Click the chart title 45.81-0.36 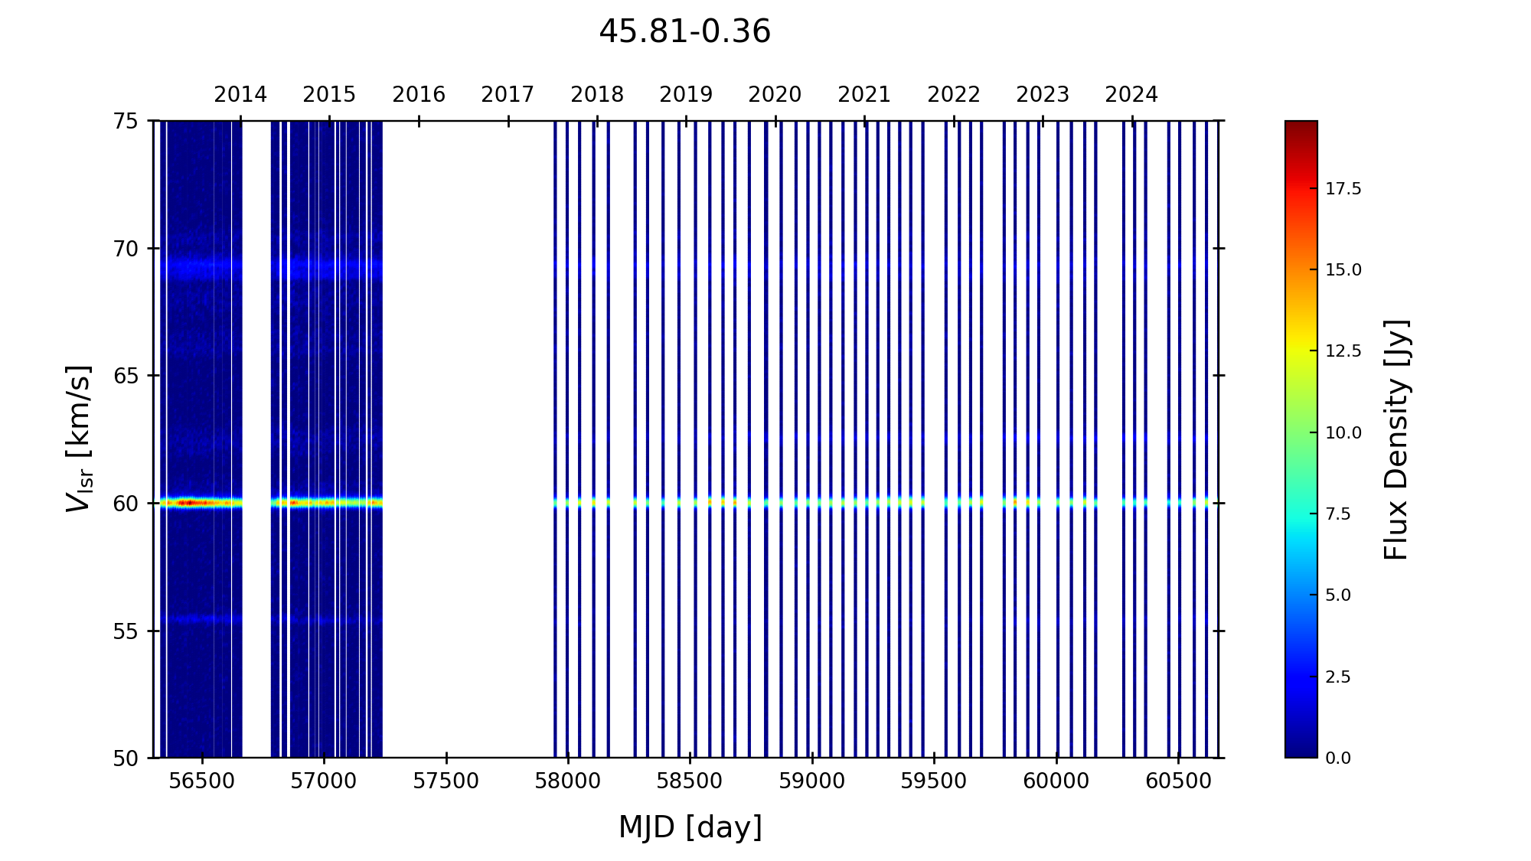click(684, 32)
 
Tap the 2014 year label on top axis click(240, 95)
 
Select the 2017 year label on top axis click(508, 95)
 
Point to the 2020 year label click(775, 95)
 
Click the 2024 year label click(1131, 95)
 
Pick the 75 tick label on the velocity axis click(126, 121)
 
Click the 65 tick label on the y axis click(126, 376)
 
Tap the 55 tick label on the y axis click(126, 631)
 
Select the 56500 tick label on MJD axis click(202, 781)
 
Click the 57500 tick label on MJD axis click(446, 781)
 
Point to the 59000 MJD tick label click(812, 781)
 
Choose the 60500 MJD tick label click(1178, 781)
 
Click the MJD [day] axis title click(690, 827)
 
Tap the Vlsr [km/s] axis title click(79, 439)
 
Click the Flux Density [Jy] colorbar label click(1396, 439)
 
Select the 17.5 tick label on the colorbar click(1343, 189)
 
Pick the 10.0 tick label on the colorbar click(1343, 433)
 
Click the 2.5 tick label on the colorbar click(1338, 677)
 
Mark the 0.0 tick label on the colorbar click(1338, 758)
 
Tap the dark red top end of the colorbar click(1301, 126)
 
